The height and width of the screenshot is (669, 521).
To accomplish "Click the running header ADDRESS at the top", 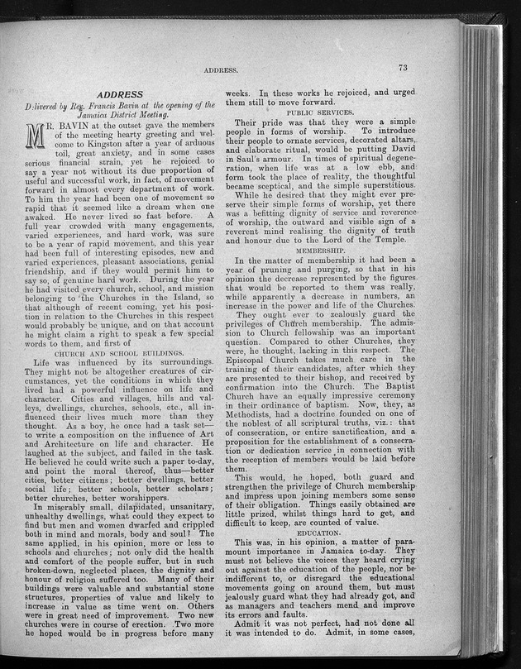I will pyautogui.click(x=222, y=72).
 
